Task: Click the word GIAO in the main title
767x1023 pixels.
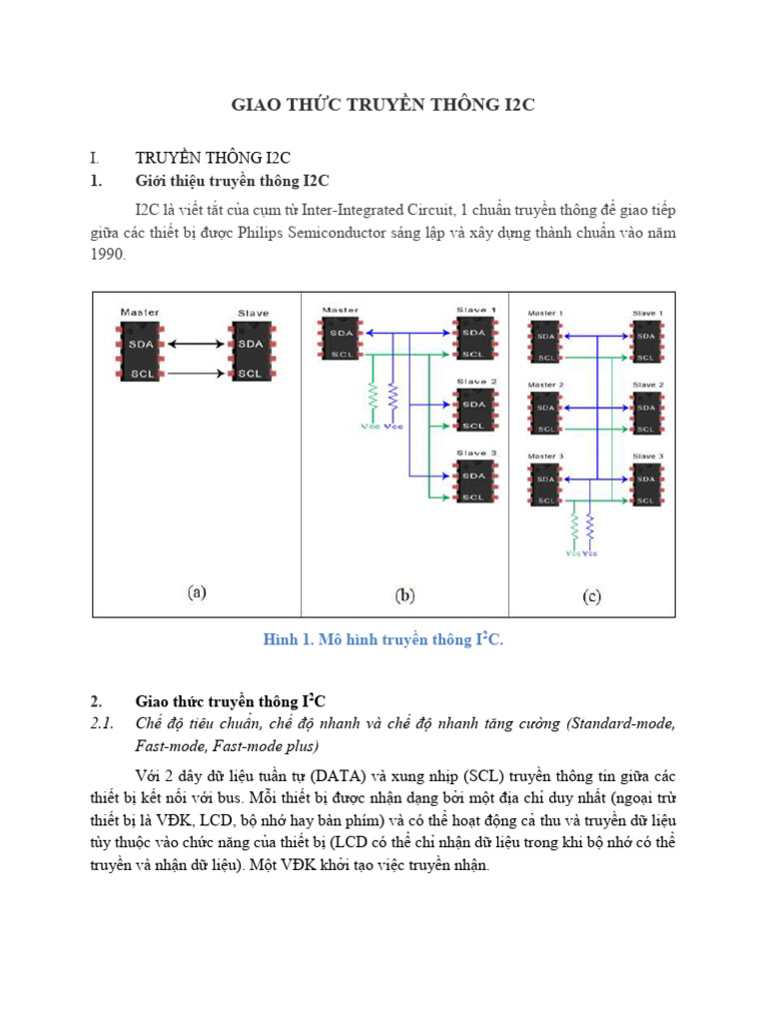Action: tap(255, 105)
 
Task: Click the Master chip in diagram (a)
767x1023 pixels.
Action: tap(140, 353)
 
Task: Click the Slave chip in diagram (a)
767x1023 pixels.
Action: tap(251, 353)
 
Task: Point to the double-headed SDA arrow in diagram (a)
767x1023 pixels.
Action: tap(197, 344)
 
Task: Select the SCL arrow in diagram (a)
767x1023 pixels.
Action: tap(197, 374)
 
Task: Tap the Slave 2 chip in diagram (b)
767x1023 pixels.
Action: tap(474, 411)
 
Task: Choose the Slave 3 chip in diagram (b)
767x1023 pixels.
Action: tap(474, 482)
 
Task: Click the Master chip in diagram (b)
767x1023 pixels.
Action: tap(341, 339)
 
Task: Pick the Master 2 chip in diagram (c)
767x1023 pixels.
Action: tap(546, 413)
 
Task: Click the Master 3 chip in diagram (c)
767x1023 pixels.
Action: tap(546, 485)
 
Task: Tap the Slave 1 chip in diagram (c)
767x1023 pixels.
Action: tap(646, 342)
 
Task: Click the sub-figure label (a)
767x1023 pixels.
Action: tap(197, 592)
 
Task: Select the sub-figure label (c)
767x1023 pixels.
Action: tap(591, 596)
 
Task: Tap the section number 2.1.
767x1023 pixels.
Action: tap(103, 723)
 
